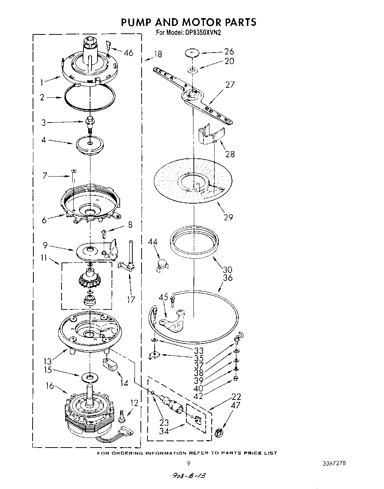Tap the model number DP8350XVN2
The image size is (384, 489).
point(203,33)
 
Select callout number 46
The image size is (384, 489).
point(128,53)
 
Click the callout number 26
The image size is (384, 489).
point(229,51)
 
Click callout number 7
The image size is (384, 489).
point(45,176)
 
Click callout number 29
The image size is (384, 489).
point(228,217)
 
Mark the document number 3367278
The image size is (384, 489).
point(335,463)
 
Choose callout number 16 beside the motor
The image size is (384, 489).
point(49,386)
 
